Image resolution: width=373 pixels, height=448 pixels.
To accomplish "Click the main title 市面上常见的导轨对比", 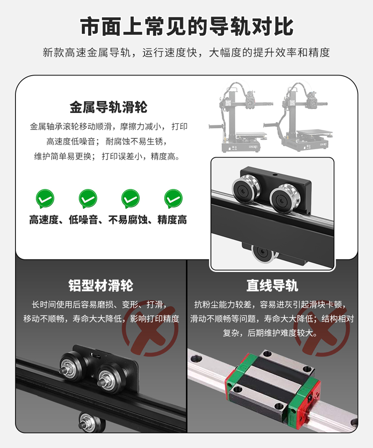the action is [186, 26].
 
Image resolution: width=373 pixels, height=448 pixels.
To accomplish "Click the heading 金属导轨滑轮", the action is [108, 107].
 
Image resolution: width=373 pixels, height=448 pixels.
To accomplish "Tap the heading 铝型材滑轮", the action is [101, 285].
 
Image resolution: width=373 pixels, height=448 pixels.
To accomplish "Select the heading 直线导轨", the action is [273, 285].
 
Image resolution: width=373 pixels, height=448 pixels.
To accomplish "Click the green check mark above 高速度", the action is [45, 198].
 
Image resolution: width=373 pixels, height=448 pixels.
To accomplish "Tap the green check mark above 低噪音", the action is [88, 198].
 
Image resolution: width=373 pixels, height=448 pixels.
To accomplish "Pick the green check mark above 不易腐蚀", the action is [131, 198].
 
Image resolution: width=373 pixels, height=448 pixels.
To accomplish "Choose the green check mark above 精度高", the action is [173, 198].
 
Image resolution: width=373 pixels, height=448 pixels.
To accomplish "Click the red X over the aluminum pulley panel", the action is [150, 331].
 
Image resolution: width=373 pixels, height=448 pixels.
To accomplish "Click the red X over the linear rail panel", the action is [322, 331].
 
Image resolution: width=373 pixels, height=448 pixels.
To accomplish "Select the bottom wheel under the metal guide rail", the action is [264, 253].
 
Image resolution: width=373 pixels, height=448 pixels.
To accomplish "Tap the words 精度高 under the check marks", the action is [172, 220].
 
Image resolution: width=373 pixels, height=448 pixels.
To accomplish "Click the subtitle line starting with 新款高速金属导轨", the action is [186, 53].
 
